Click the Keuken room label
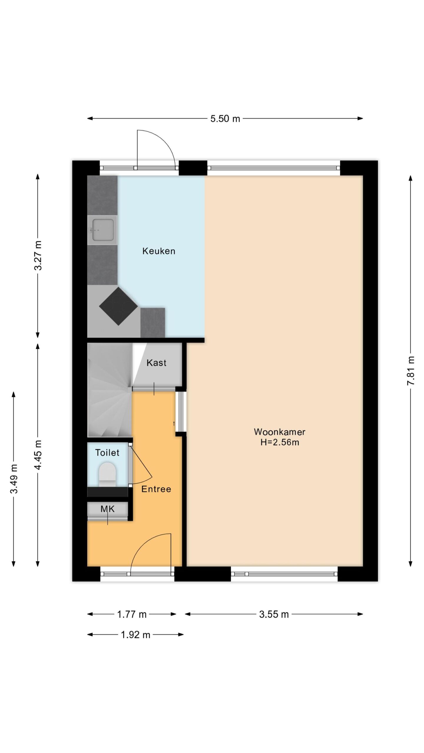coord(159,251)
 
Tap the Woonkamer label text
coord(279,432)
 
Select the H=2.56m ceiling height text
coord(280,442)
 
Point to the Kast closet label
coord(156,363)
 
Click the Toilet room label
coord(107,453)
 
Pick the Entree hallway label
coord(156,489)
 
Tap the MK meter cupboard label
coord(107,509)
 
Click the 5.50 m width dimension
coord(225,119)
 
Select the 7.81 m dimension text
coord(411,371)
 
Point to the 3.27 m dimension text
coord(38,255)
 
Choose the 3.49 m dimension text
coord(14,479)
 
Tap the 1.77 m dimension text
coord(132,614)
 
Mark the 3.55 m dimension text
coord(274,614)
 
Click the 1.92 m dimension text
coord(135,635)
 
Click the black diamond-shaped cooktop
coord(118,306)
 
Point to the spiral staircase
coord(110,390)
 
